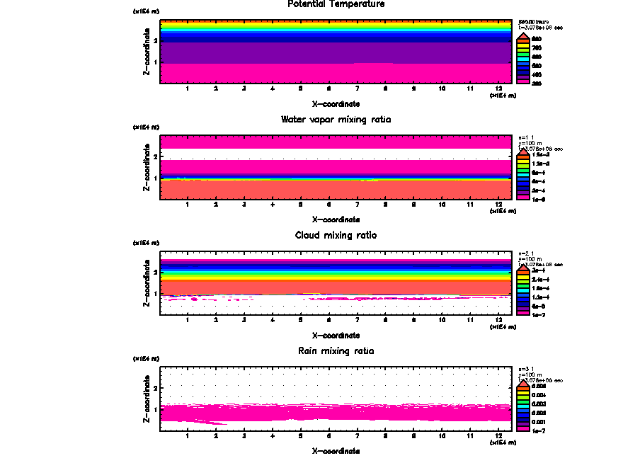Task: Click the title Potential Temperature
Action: click(336, 4)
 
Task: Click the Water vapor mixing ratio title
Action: click(336, 120)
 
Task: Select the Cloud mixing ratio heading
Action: click(336, 235)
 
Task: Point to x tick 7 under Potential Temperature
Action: click(357, 88)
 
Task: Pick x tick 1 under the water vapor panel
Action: click(187, 205)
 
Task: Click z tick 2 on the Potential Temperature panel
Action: click(154, 40)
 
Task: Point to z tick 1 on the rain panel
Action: click(154, 409)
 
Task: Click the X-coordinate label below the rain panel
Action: click(336, 450)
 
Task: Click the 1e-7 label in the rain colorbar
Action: click(539, 430)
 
